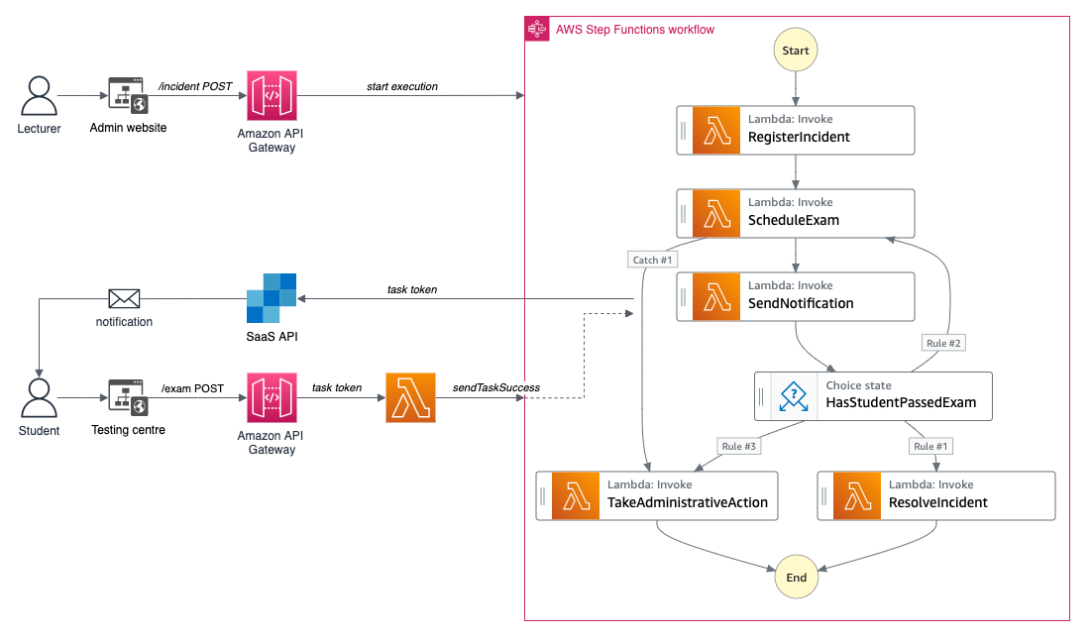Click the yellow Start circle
tap(796, 51)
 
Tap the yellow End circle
tap(796, 577)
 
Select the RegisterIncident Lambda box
tap(796, 130)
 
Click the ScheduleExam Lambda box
tap(796, 214)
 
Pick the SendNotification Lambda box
tap(796, 296)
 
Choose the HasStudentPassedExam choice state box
tap(873, 396)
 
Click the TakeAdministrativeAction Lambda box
tap(657, 496)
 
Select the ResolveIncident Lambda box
tap(935, 496)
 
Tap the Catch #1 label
tap(652, 260)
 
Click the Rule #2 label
tap(943, 343)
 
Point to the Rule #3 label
tap(738, 446)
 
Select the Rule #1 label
tap(930, 446)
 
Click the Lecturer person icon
tap(39, 96)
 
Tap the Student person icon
tap(39, 398)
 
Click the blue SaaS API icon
tap(272, 298)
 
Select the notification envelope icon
tap(124, 299)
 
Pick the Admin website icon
tap(128, 95)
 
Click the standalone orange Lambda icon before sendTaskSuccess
tap(410, 398)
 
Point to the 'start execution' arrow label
tap(402, 86)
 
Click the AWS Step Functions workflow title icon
tap(537, 29)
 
